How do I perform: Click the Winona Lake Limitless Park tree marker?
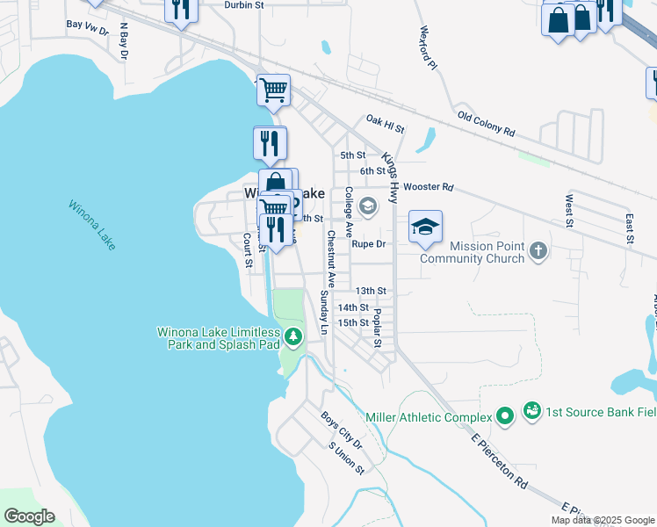click(x=292, y=337)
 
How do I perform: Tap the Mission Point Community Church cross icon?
click(x=539, y=253)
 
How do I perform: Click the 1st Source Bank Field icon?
click(x=531, y=410)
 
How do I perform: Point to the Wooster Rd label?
click(x=430, y=187)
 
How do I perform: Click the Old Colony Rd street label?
click(x=486, y=122)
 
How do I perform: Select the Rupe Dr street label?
click(x=369, y=244)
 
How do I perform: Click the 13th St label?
click(x=371, y=291)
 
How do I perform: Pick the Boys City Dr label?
click(x=341, y=430)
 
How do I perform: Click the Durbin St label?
click(x=244, y=5)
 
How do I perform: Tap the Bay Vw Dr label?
click(x=87, y=25)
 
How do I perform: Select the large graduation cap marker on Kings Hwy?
click(x=425, y=228)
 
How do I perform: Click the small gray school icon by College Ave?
click(x=369, y=208)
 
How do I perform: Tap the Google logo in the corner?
click(x=29, y=516)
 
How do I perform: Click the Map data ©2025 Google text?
click(x=603, y=520)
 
